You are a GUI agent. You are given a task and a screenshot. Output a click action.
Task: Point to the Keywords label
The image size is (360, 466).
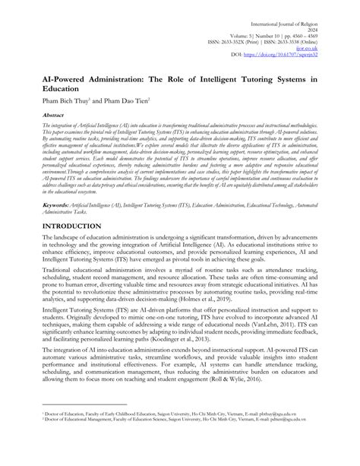pos(38,204)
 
